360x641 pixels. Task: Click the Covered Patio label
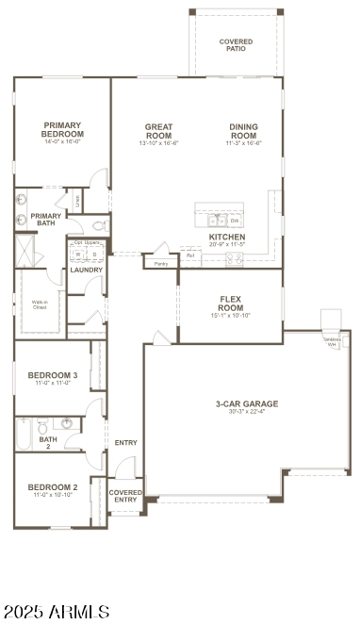click(236, 44)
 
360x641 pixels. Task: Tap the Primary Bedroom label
click(63, 129)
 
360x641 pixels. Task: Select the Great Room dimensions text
click(158, 143)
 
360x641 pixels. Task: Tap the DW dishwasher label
click(234, 220)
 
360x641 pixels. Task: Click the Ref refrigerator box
click(190, 255)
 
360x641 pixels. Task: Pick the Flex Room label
click(231, 304)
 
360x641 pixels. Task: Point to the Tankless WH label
click(331, 342)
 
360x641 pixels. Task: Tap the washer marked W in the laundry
click(79, 254)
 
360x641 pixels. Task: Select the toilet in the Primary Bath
click(99, 226)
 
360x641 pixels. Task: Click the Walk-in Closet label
click(40, 305)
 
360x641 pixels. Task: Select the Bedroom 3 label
click(53, 375)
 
